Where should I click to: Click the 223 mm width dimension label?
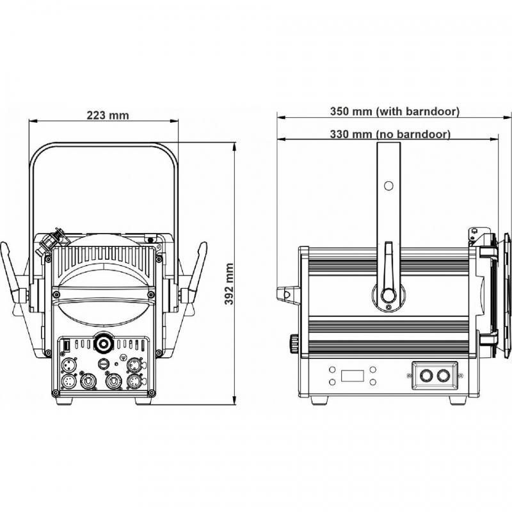108,115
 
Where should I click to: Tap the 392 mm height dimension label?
229,284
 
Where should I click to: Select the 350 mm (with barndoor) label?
395,111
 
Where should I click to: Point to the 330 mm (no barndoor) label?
390,134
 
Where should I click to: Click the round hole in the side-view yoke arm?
388,186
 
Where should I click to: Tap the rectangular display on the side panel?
353,376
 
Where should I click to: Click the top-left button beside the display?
332,370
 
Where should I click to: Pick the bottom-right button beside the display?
373,381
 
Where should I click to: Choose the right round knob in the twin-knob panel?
443,376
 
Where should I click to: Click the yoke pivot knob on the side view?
388,295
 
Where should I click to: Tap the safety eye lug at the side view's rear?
287,294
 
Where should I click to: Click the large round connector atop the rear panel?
104,343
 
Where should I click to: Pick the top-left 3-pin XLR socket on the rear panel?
68,365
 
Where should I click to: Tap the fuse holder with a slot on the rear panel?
103,363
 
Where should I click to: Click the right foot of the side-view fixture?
458,399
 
